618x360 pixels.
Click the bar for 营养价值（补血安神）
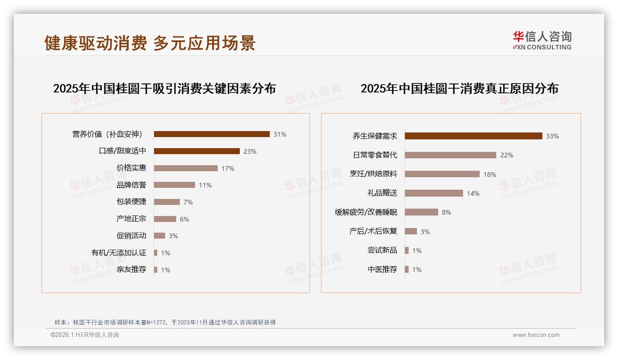[x=212, y=134]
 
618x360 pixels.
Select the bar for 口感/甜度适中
[x=197, y=151]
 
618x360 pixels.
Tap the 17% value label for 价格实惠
[x=228, y=168]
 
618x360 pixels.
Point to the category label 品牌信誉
[x=131, y=185]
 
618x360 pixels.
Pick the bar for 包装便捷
[x=167, y=202]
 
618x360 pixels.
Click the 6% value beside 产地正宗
[x=184, y=219]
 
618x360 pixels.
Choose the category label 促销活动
[x=131, y=236]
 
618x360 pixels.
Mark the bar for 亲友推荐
[x=156, y=270]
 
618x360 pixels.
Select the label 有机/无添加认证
[x=119, y=253]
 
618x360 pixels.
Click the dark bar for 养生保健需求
[x=474, y=136]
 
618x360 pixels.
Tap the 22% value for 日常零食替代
[x=506, y=155]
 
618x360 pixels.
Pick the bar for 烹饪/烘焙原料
[x=442, y=174]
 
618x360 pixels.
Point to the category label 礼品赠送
[x=382, y=193]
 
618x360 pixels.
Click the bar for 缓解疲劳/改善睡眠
[x=422, y=212]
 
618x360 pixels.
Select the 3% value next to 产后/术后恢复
[x=425, y=232]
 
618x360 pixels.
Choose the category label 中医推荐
[x=382, y=270]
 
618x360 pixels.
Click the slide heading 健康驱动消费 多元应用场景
[x=150, y=43]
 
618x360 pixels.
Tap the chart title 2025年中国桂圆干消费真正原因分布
[x=459, y=89]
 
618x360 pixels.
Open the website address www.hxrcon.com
[x=536, y=335]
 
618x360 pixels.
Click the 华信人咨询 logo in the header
[x=542, y=40]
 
